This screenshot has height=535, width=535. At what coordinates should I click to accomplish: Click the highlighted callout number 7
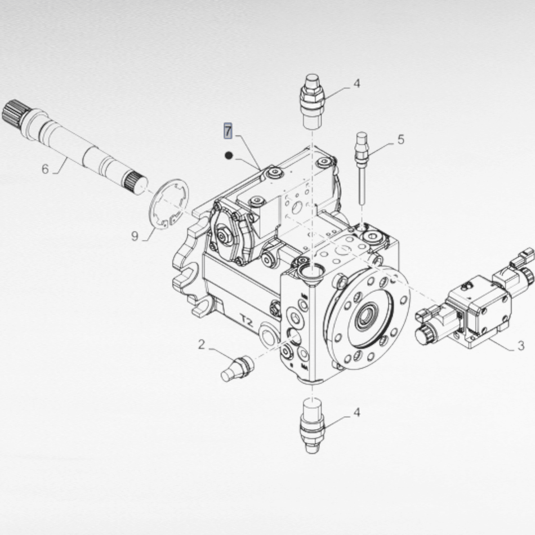click(x=228, y=131)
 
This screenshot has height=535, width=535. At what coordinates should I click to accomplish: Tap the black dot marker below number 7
click(x=229, y=155)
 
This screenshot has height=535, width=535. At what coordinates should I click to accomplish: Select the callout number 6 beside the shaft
click(x=46, y=168)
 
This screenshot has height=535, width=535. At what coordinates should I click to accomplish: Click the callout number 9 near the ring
click(x=135, y=236)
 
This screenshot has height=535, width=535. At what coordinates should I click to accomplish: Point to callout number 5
click(x=401, y=139)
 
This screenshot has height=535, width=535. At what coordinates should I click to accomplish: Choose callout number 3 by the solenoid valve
click(x=520, y=345)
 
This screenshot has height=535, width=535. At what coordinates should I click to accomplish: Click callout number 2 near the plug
click(x=202, y=344)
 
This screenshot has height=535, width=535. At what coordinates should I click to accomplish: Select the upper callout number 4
click(x=357, y=83)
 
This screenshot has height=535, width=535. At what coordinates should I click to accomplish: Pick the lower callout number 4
click(x=357, y=412)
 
